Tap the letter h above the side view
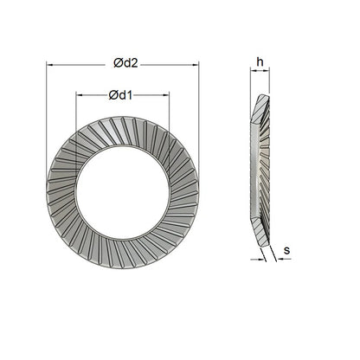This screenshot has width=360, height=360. click(x=260, y=61)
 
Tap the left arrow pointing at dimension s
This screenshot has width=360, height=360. click(x=257, y=258)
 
